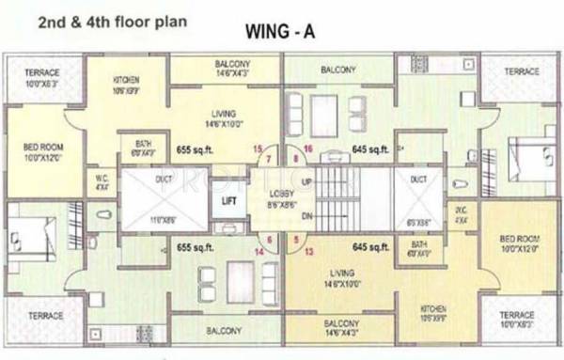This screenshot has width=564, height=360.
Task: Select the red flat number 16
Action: (x=308, y=149)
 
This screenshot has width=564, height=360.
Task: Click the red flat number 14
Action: (x=258, y=251)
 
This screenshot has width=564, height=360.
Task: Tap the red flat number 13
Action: (x=307, y=251)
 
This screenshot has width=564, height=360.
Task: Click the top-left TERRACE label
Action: (x=42, y=72)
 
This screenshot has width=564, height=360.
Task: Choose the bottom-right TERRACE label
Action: (x=517, y=316)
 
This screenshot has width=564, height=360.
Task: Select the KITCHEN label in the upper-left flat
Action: (x=126, y=80)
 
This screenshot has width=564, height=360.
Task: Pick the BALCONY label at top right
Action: (x=337, y=70)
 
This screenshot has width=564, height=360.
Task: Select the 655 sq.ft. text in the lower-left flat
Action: (x=197, y=247)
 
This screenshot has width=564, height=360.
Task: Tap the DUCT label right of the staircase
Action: (x=418, y=179)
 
